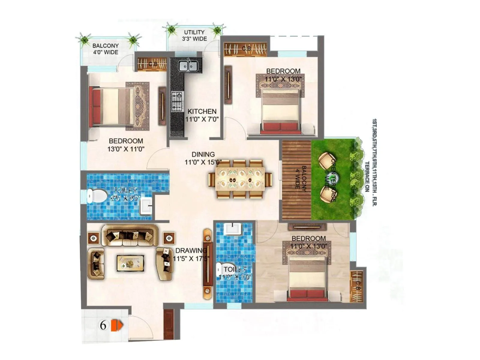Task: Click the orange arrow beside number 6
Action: pos(116,325)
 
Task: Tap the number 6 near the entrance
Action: pos(103,325)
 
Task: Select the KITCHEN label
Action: pos(202,111)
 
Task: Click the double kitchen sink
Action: pos(188,66)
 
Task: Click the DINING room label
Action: pos(203,154)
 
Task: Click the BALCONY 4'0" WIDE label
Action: pos(105,49)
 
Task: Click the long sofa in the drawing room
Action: pos(130,235)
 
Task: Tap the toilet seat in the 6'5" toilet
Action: pos(97,196)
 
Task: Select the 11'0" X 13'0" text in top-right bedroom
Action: pos(283,79)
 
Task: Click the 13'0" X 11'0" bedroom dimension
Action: pos(126,148)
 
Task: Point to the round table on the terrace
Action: pos(333,179)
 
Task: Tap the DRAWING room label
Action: pos(191,250)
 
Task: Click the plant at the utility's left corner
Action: pos(171,29)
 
